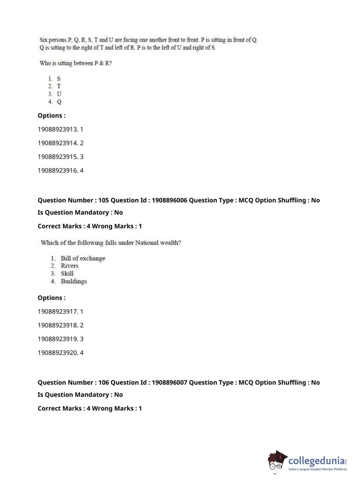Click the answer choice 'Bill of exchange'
83,258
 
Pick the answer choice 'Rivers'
69,266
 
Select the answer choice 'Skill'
67,274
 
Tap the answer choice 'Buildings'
74,281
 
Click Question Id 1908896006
169,200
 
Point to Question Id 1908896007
169,383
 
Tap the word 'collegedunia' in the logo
316,461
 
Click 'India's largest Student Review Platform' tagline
318,469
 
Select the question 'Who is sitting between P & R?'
76,63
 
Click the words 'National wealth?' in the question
158,243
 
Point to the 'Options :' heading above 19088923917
51,298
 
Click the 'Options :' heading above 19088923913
51,116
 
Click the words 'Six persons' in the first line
53,40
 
